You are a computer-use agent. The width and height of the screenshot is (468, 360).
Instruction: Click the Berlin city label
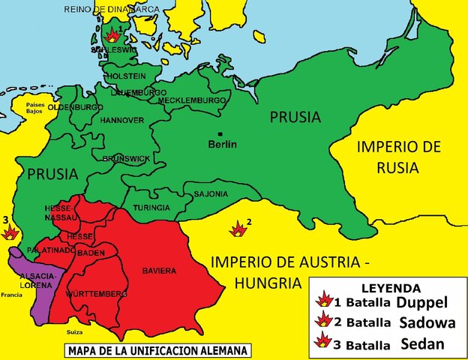[x=222, y=144]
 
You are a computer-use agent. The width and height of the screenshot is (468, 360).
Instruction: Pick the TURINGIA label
[x=151, y=207]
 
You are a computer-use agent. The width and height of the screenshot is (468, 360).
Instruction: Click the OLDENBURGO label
[x=76, y=107]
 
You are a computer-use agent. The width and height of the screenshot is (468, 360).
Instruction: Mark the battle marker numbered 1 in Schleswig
[x=113, y=34]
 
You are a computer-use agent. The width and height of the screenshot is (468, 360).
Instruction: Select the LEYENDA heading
[x=391, y=287]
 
